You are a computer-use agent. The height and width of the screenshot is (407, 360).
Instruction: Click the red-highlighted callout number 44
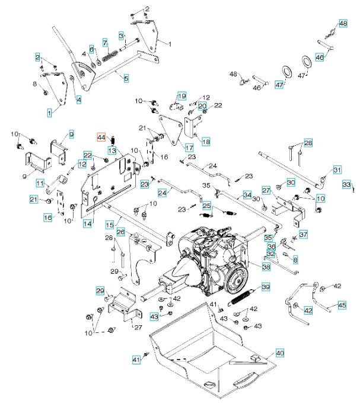[101, 137]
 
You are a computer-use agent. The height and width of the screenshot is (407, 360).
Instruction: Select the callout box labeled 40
[279, 353]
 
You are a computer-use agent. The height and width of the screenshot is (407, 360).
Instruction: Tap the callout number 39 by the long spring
[266, 287]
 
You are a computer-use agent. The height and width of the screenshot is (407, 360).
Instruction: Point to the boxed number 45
[342, 305]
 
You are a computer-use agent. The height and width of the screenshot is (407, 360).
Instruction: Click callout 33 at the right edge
[347, 185]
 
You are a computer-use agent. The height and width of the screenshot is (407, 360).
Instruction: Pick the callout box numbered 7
[105, 43]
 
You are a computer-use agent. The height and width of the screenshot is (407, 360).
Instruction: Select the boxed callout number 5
[126, 78]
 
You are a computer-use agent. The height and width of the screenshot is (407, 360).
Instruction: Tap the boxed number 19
[181, 95]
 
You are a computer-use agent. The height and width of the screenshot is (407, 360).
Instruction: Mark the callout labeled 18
[205, 142]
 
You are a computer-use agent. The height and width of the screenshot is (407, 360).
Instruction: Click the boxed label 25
[207, 206]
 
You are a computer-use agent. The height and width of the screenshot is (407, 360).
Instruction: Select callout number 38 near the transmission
[266, 267]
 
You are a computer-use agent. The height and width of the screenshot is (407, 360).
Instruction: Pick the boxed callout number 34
[247, 194]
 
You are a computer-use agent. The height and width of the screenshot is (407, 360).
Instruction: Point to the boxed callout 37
[303, 235]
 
